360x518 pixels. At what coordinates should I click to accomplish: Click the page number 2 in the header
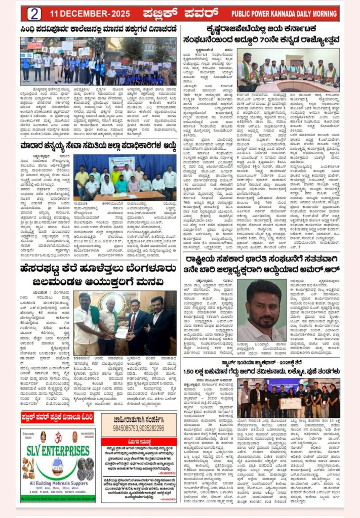pyautogui.click(x=34, y=14)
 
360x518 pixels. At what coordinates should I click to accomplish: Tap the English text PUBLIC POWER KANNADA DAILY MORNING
pyautogui.click(x=284, y=14)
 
